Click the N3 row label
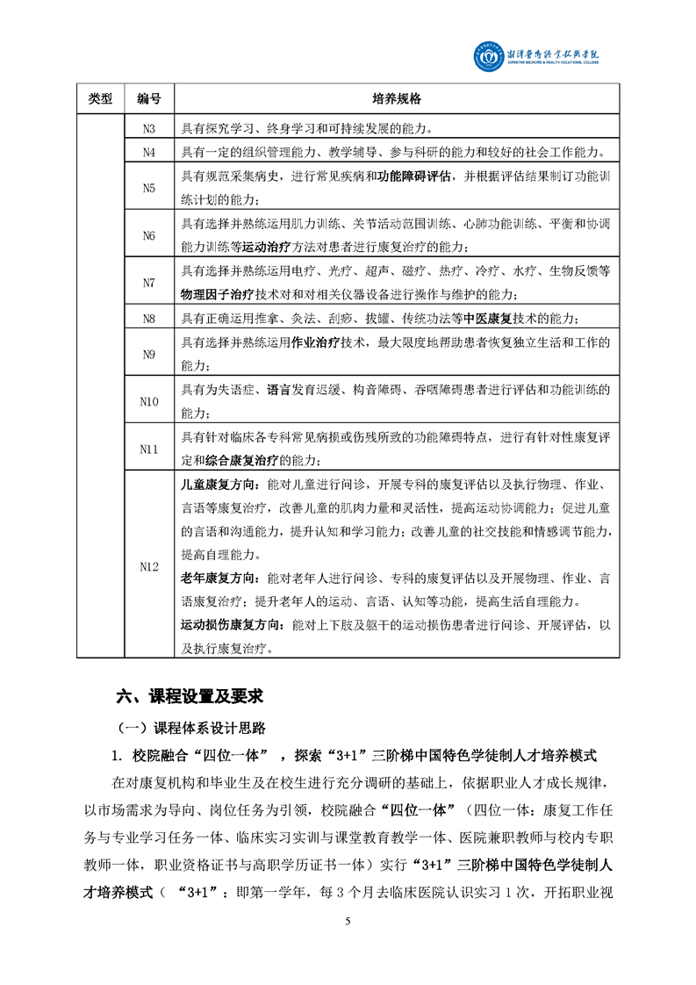148,128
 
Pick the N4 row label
148,152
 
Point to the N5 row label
148,188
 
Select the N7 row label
148,283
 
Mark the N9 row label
148,354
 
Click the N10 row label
148,401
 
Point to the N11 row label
148,449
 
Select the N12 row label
148,567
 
